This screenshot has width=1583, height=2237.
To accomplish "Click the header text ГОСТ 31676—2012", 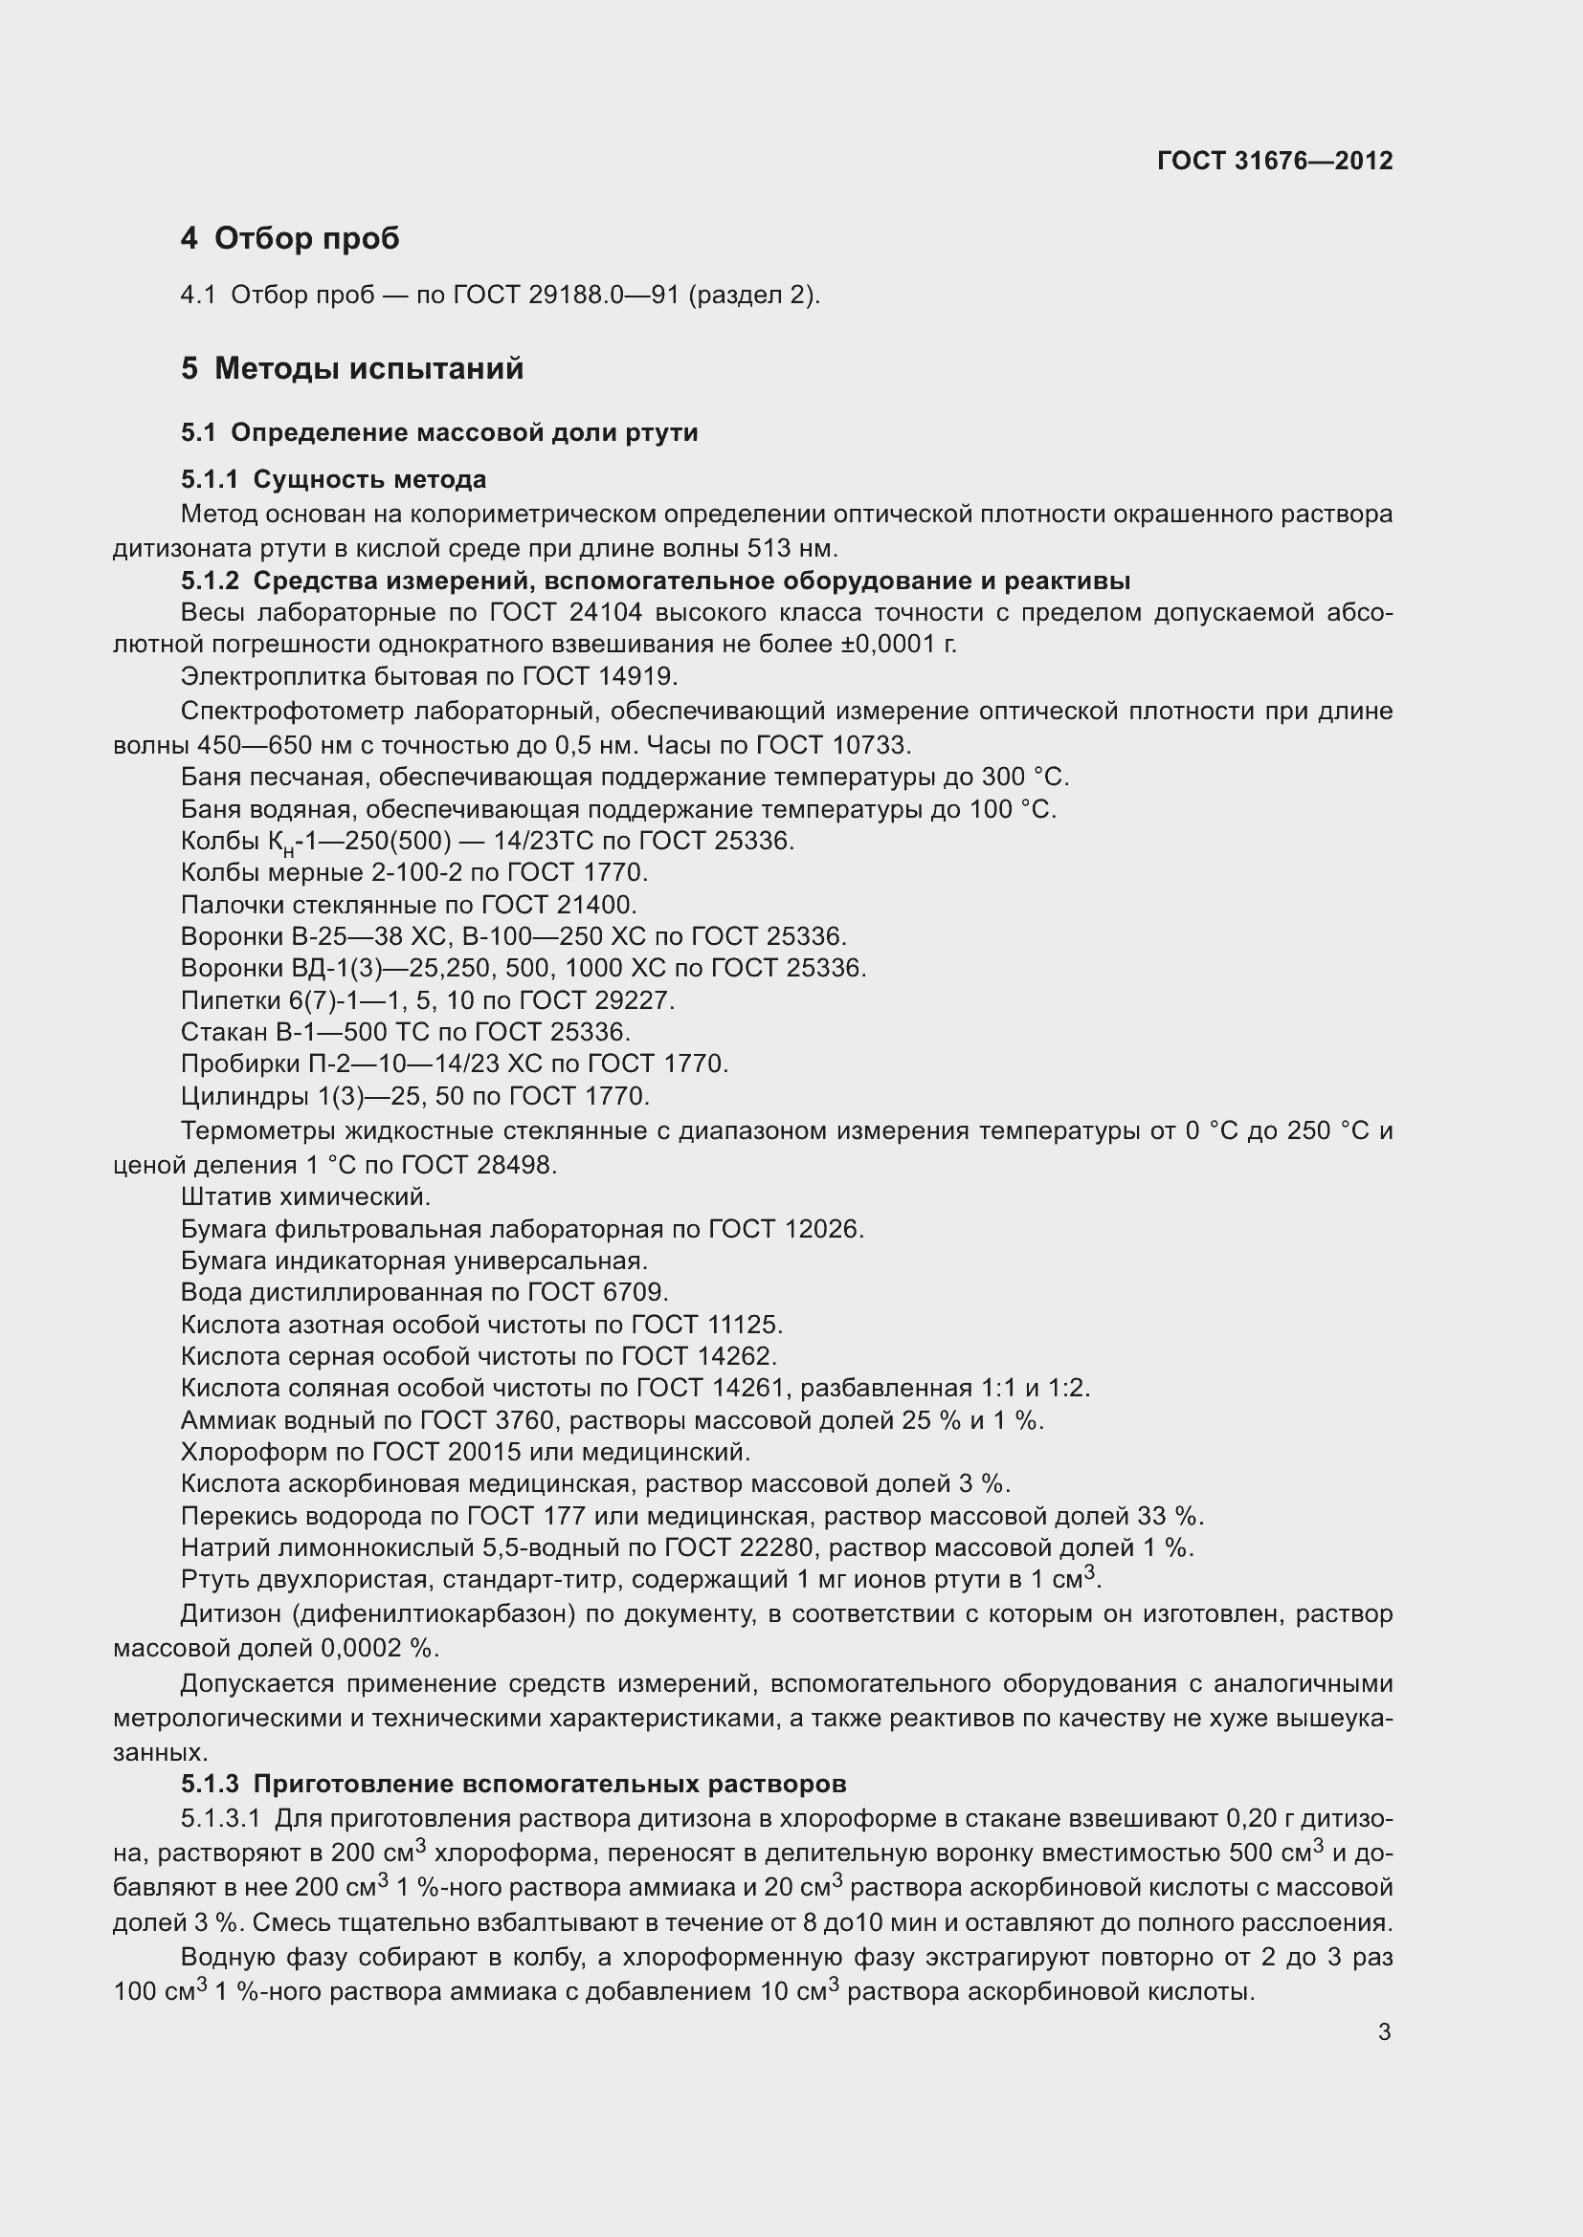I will coord(1275,161).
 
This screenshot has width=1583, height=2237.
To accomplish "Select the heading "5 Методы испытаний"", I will coord(352,368).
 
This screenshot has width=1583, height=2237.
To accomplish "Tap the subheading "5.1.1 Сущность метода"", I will coord(333,479).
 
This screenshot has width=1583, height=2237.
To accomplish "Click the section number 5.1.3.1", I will coord(220,1818).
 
